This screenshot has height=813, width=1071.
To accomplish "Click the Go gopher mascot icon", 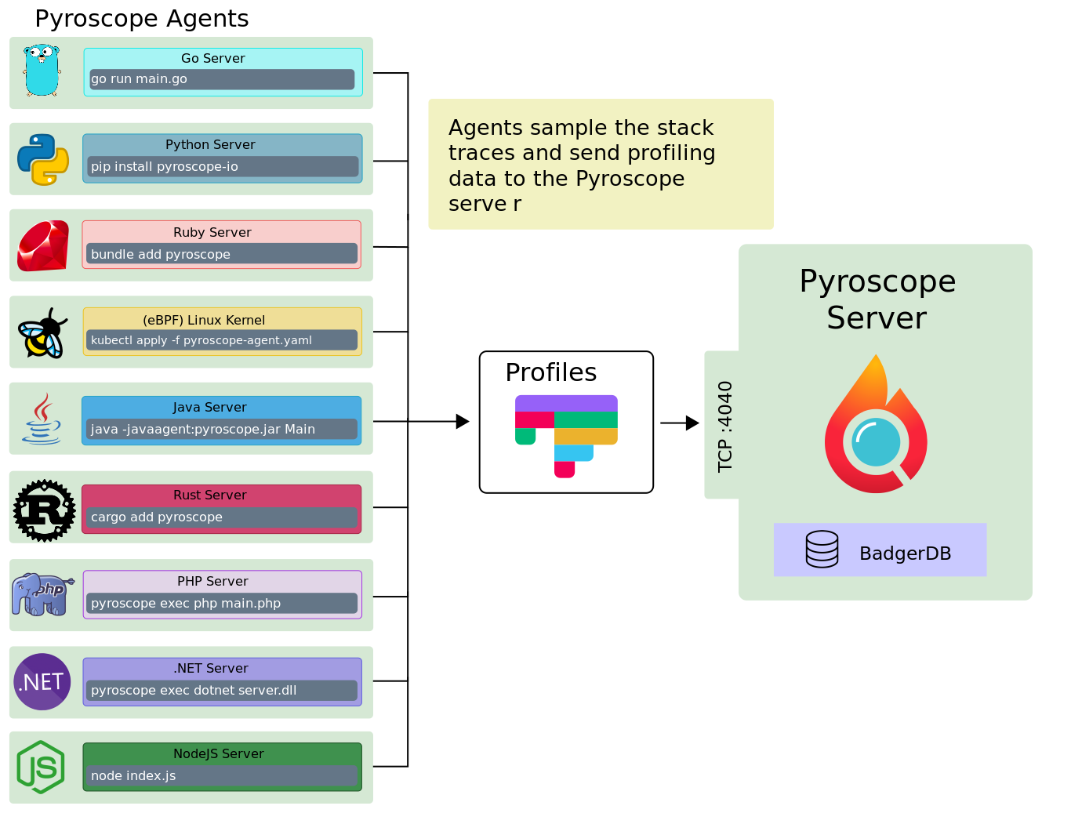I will coord(42,71).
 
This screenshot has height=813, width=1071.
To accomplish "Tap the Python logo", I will coord(43,159).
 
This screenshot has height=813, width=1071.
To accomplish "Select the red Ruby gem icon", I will coord(43,246).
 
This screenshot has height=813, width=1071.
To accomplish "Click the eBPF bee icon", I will coord(43,333).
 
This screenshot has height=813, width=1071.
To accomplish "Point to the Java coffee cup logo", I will coord(42,419).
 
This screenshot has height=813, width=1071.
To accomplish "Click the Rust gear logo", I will coord(45,510).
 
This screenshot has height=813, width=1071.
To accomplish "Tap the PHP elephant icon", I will coord(42,594).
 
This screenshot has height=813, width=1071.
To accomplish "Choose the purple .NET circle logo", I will coord(42,681).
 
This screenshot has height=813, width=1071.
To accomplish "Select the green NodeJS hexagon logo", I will coord(41,767).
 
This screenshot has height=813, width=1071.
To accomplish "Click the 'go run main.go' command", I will coord(222,79).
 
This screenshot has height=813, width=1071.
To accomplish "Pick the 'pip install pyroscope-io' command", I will coord(222,166).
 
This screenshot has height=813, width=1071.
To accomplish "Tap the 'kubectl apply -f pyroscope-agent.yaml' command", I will coord(222,340).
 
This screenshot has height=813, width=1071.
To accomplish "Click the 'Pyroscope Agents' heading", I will coord(142,19).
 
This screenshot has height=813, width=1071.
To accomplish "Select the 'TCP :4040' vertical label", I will coord(725,426).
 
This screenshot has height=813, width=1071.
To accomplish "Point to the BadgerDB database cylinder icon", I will coord(822,549).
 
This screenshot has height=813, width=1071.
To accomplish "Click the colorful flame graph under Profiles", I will coord(566,435).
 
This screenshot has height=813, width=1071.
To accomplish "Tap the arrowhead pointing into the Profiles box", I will coord(463,422).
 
